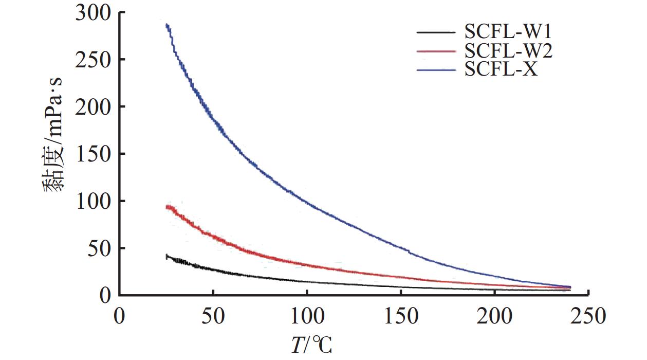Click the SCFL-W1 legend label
[508, 32]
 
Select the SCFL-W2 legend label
[508, 51]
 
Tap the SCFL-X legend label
[501, 69]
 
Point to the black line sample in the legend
[436, 32]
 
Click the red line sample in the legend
[436, 51]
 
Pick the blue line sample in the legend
[436, 69]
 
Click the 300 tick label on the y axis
[93, 13]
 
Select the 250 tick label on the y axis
[93, 60]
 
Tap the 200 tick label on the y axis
[93, 107]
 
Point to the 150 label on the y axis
[93, 154]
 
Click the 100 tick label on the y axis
[93, 201]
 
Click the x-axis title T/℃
[311, 344]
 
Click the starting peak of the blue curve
[167, 25]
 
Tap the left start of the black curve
[167, 256]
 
